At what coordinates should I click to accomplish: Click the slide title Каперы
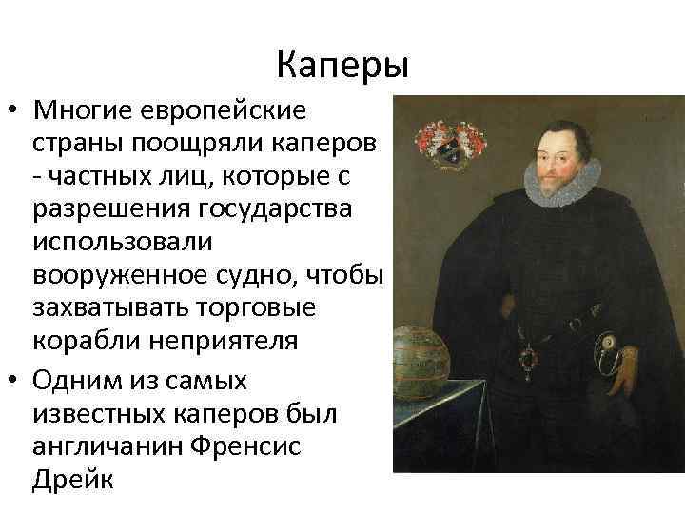(342, 66)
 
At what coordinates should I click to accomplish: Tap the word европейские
(225, 110)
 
